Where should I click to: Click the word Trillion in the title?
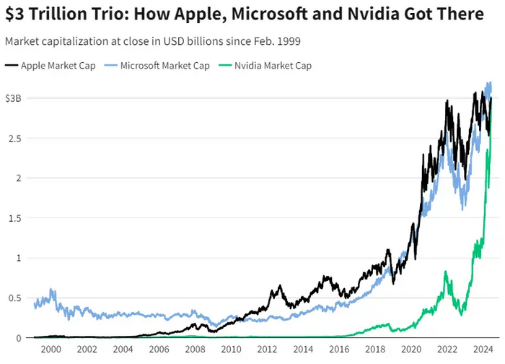point(63,14)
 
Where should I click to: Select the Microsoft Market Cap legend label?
point(164,66)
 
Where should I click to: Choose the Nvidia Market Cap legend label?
point(273,66)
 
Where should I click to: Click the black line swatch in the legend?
point(12,66)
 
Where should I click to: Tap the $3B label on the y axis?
point(14,98)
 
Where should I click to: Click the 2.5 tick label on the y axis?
point(14,138)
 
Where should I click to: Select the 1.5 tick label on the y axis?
point(14,218)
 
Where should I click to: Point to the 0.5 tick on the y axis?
point(14,298)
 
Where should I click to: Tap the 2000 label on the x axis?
point(50,350)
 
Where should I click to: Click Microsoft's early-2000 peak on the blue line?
point(52,290)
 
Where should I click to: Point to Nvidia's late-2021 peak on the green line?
point(446,272)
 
